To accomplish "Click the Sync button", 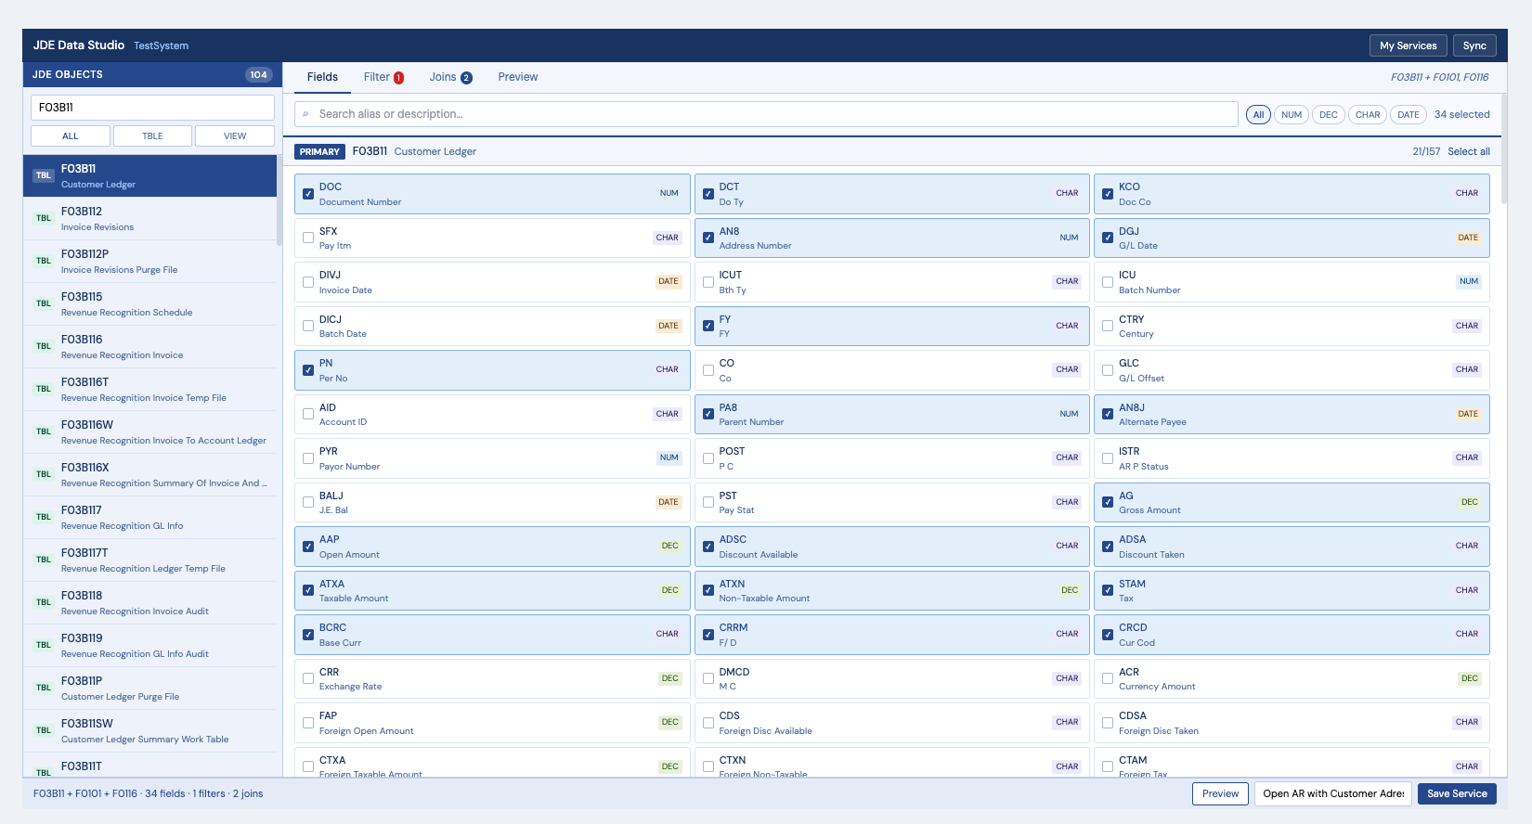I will [1474, 45].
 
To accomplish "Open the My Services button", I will [1408, 45].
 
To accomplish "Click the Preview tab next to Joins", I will [517, 77].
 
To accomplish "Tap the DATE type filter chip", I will [1408, 114].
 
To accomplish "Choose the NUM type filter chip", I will [1291, 114].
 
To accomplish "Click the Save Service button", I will [1456, 793].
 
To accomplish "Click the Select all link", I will [1468, 151].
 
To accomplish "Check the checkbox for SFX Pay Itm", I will [308, 238].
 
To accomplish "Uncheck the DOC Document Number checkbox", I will [308, 194].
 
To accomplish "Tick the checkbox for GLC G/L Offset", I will [1108, 370].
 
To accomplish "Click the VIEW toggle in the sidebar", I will [235, 136].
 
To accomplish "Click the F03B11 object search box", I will [152, 108].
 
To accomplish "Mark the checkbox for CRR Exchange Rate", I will [308, 678].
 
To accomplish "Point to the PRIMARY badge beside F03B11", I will [319, 151].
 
